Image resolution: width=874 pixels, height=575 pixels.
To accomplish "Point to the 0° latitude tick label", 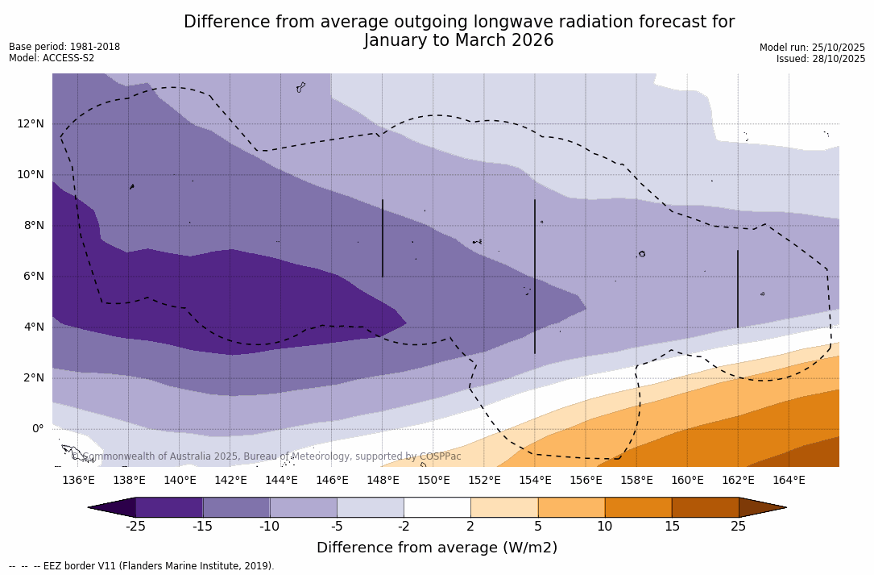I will [x=38, y=429].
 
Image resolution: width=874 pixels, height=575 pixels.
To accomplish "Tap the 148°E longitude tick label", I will [x=383, y=481].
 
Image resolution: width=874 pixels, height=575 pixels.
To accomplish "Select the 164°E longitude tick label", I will [x=789, y=481].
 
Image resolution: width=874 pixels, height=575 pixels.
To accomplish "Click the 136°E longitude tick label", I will [x=78, y=481].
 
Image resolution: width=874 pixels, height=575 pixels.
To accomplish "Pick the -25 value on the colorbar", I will [x=135, y=527].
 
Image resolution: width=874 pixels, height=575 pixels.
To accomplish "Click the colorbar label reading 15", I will [x=671, y=527].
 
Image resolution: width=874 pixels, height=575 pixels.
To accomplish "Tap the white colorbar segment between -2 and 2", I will [x=437, y=507].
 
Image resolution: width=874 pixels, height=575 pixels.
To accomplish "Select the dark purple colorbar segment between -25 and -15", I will [x=169, y=507].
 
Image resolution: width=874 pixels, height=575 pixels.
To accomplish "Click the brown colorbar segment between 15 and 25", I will [x=705, y=507].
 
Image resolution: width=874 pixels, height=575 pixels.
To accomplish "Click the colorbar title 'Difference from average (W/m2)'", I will [x=437, y=548].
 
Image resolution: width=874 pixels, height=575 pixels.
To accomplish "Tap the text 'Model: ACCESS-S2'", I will [x=52, y=58].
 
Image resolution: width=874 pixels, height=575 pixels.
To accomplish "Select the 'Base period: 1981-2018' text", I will [x=64, y=47].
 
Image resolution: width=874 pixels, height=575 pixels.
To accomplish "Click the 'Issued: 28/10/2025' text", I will [x=821, y=59].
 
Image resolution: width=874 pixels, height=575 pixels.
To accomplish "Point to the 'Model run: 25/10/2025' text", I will [x=812, y=48].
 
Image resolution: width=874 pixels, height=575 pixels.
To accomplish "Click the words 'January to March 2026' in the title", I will [x=458, y=40].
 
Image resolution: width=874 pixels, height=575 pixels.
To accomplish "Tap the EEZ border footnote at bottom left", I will [x=142, y=566].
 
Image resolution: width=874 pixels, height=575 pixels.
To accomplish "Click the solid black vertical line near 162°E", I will [x=737, y=289].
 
